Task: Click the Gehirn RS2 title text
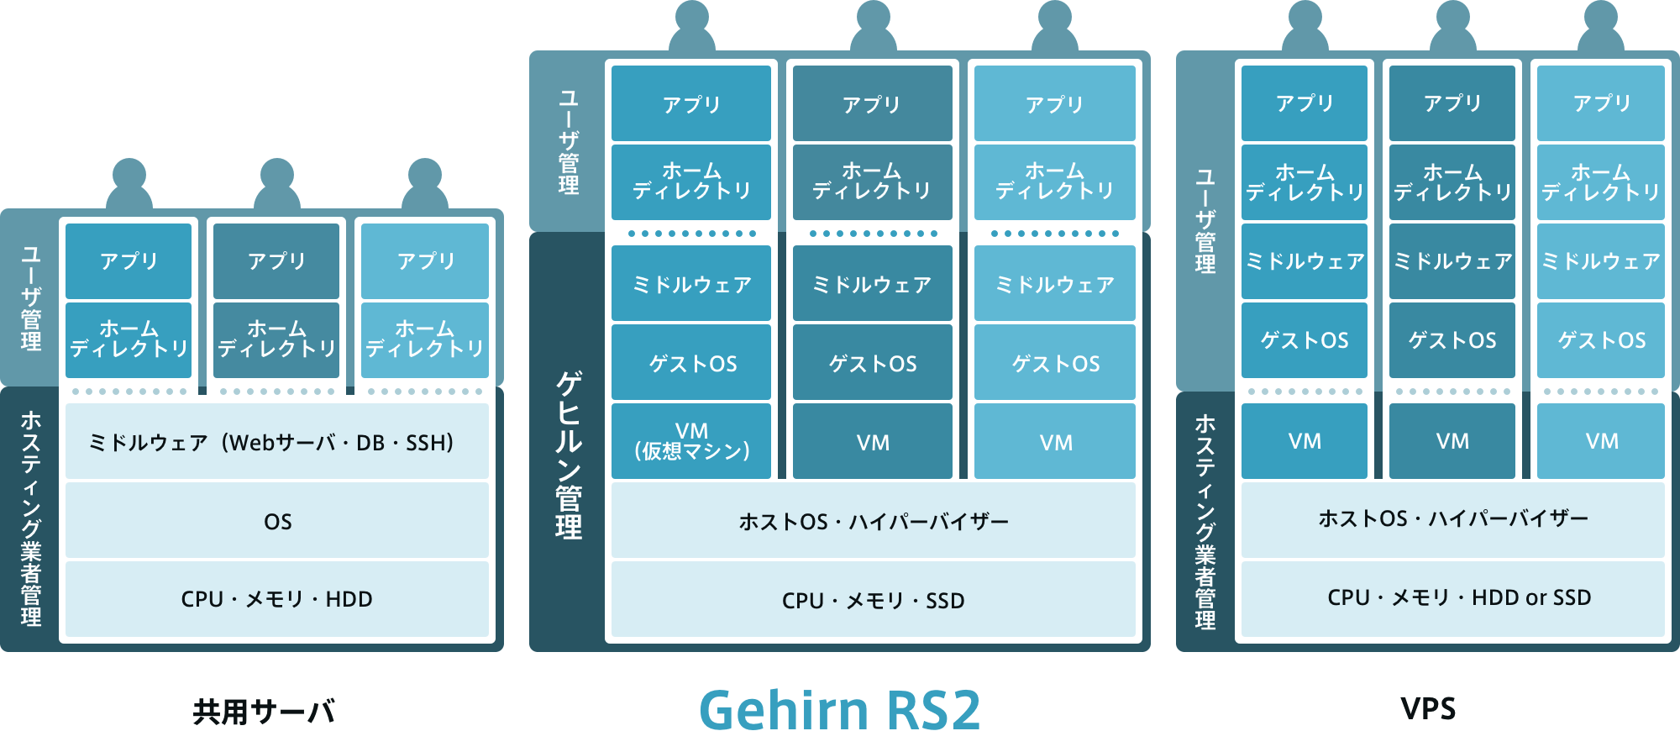coord(840,709)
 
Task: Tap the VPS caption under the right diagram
coord(1428,708)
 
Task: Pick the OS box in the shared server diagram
coord(277,521)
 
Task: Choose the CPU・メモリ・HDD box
coord(277,599)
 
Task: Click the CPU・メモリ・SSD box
coord(873,600)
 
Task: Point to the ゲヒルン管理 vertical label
coord(568,454)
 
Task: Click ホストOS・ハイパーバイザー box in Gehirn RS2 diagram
coord(873,521)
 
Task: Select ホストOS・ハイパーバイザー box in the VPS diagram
coord(1453,518)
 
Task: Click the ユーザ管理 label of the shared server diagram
coord(30,298)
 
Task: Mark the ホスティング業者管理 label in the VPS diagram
coord(1205,521)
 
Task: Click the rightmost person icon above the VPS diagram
coord(1601,25)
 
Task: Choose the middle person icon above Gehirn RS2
coord(873,25)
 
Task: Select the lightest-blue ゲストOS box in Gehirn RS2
coord(1055,363)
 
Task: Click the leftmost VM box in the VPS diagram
coord(1305,441)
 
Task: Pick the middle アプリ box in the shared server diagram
coord(276,261)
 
